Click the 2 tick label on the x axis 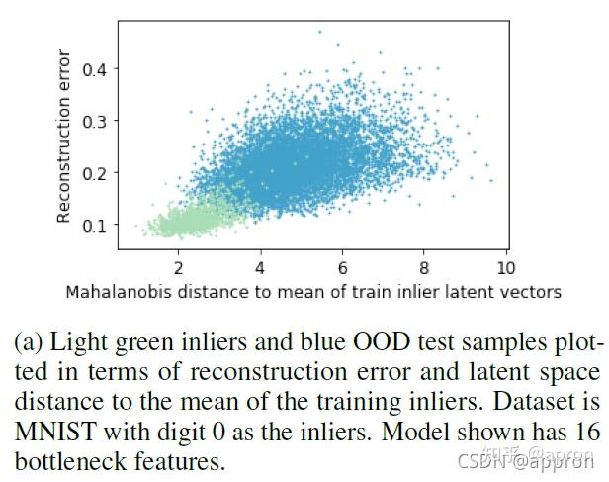point(178,268)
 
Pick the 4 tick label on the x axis point(260,268)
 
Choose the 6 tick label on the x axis point(342,268)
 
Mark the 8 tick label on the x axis point(423,268)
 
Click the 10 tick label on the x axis point(505,268)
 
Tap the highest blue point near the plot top point(319,32)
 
